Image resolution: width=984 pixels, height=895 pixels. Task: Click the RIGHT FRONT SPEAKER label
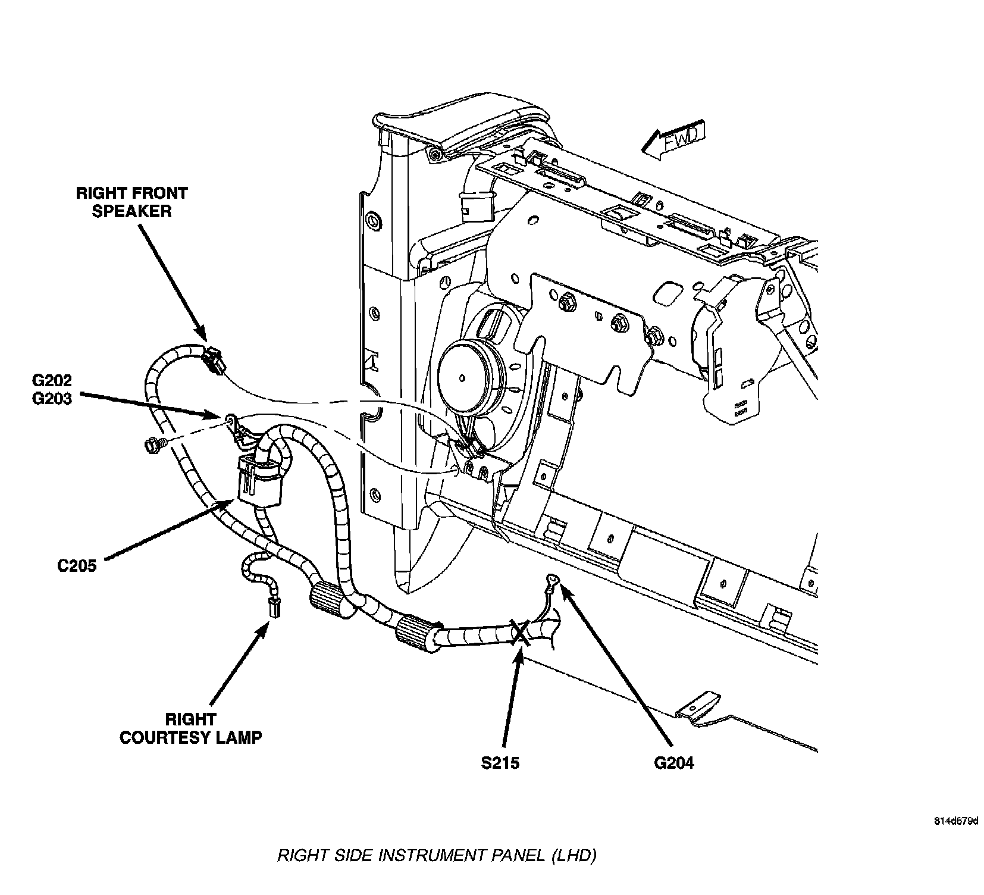(x=131, y=202)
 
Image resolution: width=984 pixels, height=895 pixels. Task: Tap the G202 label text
(x=53, y=380)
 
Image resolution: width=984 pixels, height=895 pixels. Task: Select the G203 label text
(x=53, y=398)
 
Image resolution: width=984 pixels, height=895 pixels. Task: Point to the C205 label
(x=77, y=565)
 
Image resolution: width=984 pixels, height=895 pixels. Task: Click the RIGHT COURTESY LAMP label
(x=190, y=728)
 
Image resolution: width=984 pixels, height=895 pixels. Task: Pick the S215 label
(x=500, y=762)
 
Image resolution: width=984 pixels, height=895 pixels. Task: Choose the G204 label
(x=673, y=762)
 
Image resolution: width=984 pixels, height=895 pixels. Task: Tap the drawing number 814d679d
(x=955, y=821)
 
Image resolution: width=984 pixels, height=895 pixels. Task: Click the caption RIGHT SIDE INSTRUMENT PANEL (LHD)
(x=437, y=856)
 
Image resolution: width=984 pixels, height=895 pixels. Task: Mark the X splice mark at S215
(x=520, y=633)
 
